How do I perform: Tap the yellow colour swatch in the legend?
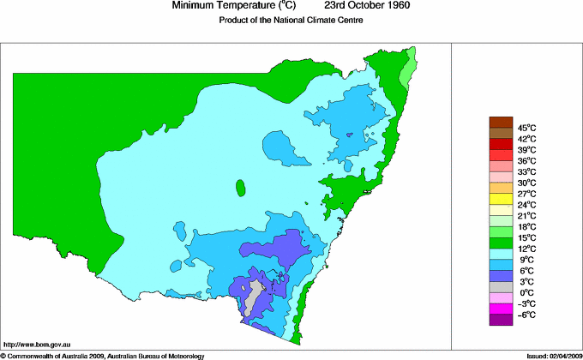click(500, 199)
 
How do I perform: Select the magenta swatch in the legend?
click(500, 308)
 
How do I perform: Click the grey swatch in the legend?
click(500, 286)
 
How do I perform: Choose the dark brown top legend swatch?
click(500, 122)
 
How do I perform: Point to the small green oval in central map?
click(242, 187)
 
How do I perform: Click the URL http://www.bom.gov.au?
click(36, 343)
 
